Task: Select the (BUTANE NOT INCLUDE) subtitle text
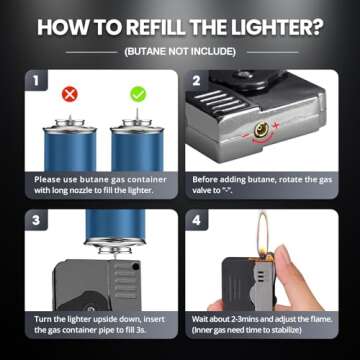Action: click(x=179, y=50)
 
